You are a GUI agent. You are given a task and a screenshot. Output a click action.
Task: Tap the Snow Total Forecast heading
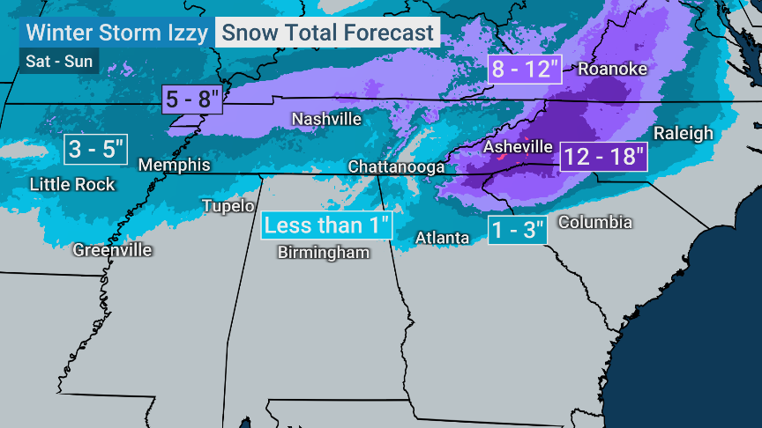pos(328,33)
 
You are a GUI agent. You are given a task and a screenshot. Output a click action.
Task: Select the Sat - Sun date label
pos(57,63)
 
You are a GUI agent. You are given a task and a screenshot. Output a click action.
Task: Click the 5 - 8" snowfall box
pos(192,99)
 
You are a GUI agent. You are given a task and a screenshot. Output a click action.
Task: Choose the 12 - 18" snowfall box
pos(603,156)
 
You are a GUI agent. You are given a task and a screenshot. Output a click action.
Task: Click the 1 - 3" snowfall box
pos(519,230)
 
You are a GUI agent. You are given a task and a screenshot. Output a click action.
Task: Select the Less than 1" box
pos(326,225)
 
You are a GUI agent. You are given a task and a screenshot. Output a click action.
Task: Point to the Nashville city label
pos(326,119)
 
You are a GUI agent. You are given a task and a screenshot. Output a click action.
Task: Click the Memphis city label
pos(175,165)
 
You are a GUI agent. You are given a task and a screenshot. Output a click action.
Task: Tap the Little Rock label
pos(72,184)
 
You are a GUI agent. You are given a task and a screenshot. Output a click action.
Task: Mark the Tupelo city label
pos(228,206)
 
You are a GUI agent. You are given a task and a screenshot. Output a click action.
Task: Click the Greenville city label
pos(112,250)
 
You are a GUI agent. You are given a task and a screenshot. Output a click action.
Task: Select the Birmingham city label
pos(323,252)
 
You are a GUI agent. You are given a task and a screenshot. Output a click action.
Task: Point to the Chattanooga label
pos(396,166)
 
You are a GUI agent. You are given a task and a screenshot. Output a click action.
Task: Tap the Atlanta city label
pos(443,238)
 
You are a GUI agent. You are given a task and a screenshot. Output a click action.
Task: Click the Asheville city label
pos(517,147)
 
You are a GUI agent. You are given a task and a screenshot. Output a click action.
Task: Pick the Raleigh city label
pos(683,133)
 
